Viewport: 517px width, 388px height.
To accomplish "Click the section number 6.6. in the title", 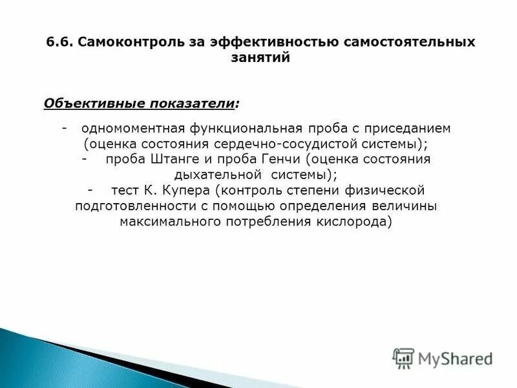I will [58, 42].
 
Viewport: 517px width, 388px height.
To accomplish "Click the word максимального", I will [164, 221].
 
